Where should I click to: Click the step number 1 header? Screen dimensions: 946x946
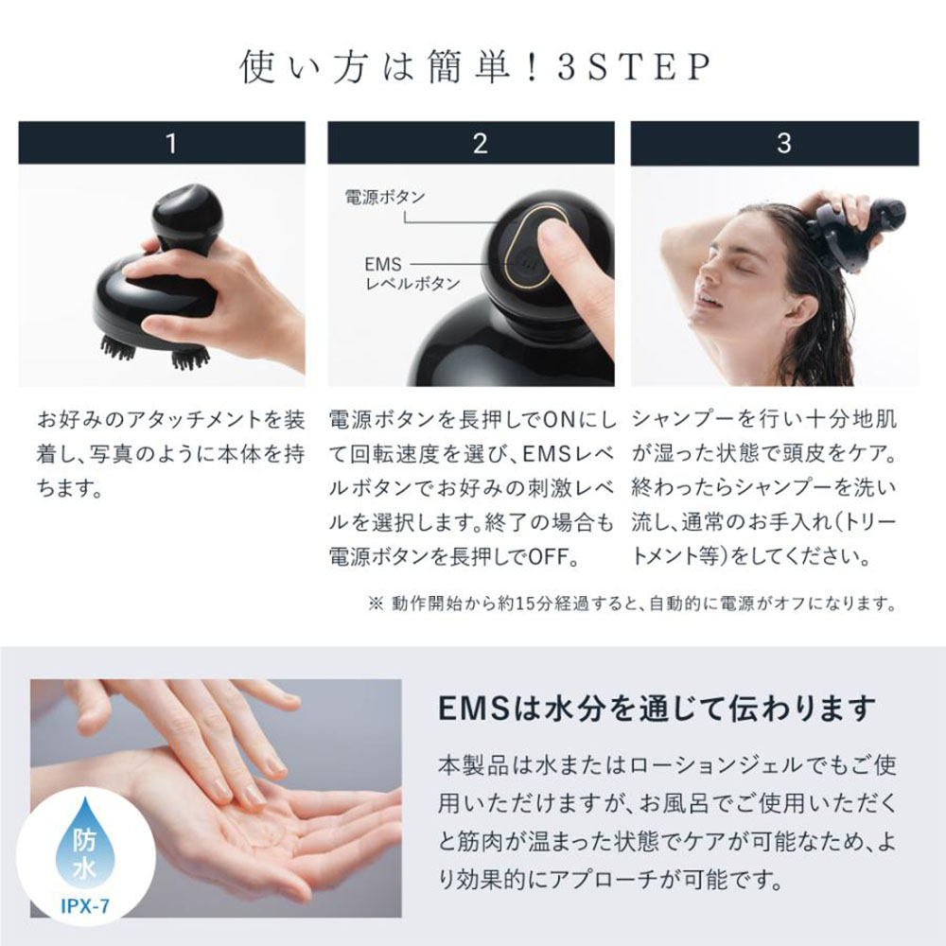pyautogui.click(x=170, y=143)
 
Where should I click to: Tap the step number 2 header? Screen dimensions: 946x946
pyautogui.click(x=480, y=143)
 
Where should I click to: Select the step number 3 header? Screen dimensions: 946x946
pyautogui.click(x=782, y=143)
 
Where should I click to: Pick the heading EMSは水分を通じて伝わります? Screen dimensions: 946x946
pyautogui.click(x=657, y=709)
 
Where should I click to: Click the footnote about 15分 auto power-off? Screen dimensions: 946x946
pyautogui.click(x=631, y=603)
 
